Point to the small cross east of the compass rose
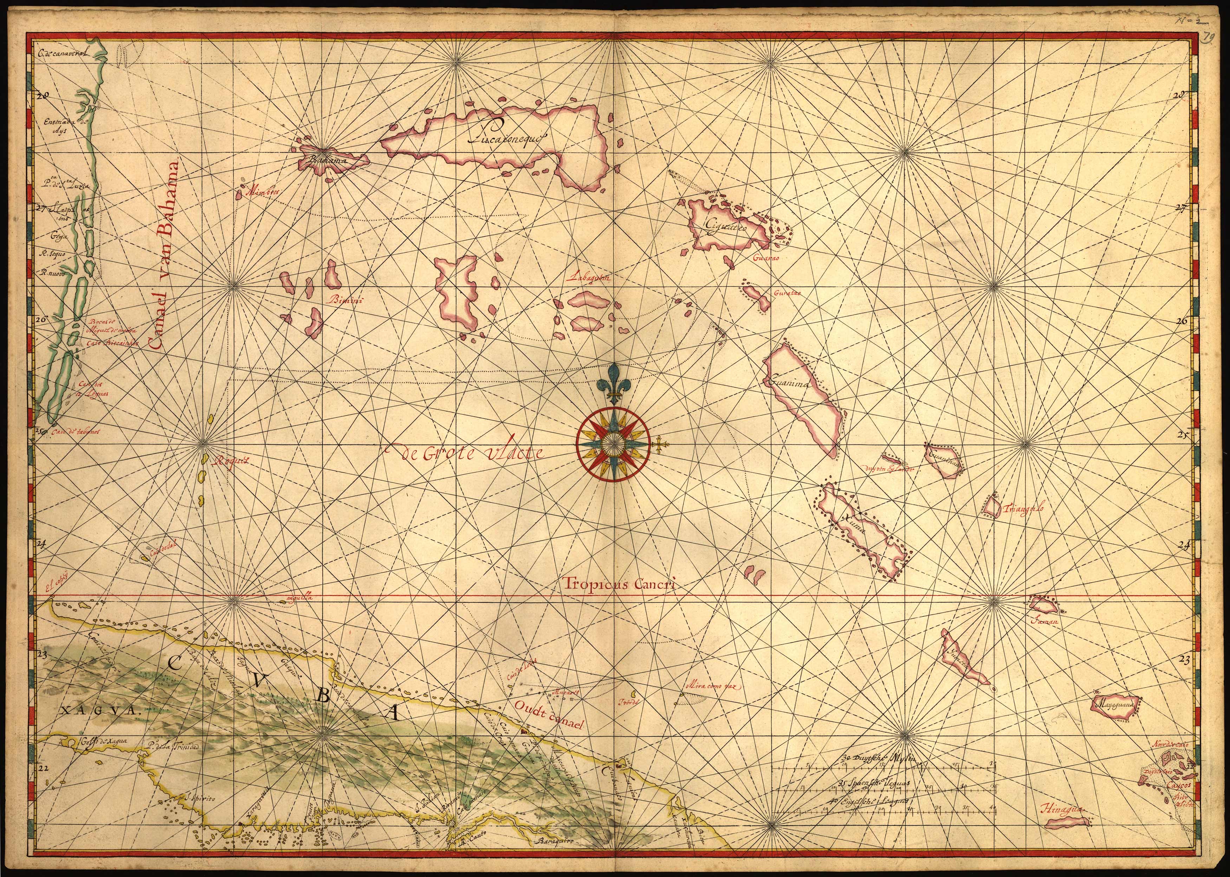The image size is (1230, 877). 660,445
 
